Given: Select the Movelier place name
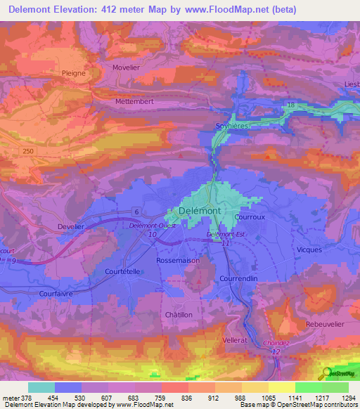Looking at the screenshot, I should pos(127,67).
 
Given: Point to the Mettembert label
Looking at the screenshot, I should pos(135,101).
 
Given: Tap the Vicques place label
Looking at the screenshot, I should pos(309,249).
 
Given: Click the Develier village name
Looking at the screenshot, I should pos(70,226).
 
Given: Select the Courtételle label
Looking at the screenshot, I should pos(104,271).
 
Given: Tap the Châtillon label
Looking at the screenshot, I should pos(178,315).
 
